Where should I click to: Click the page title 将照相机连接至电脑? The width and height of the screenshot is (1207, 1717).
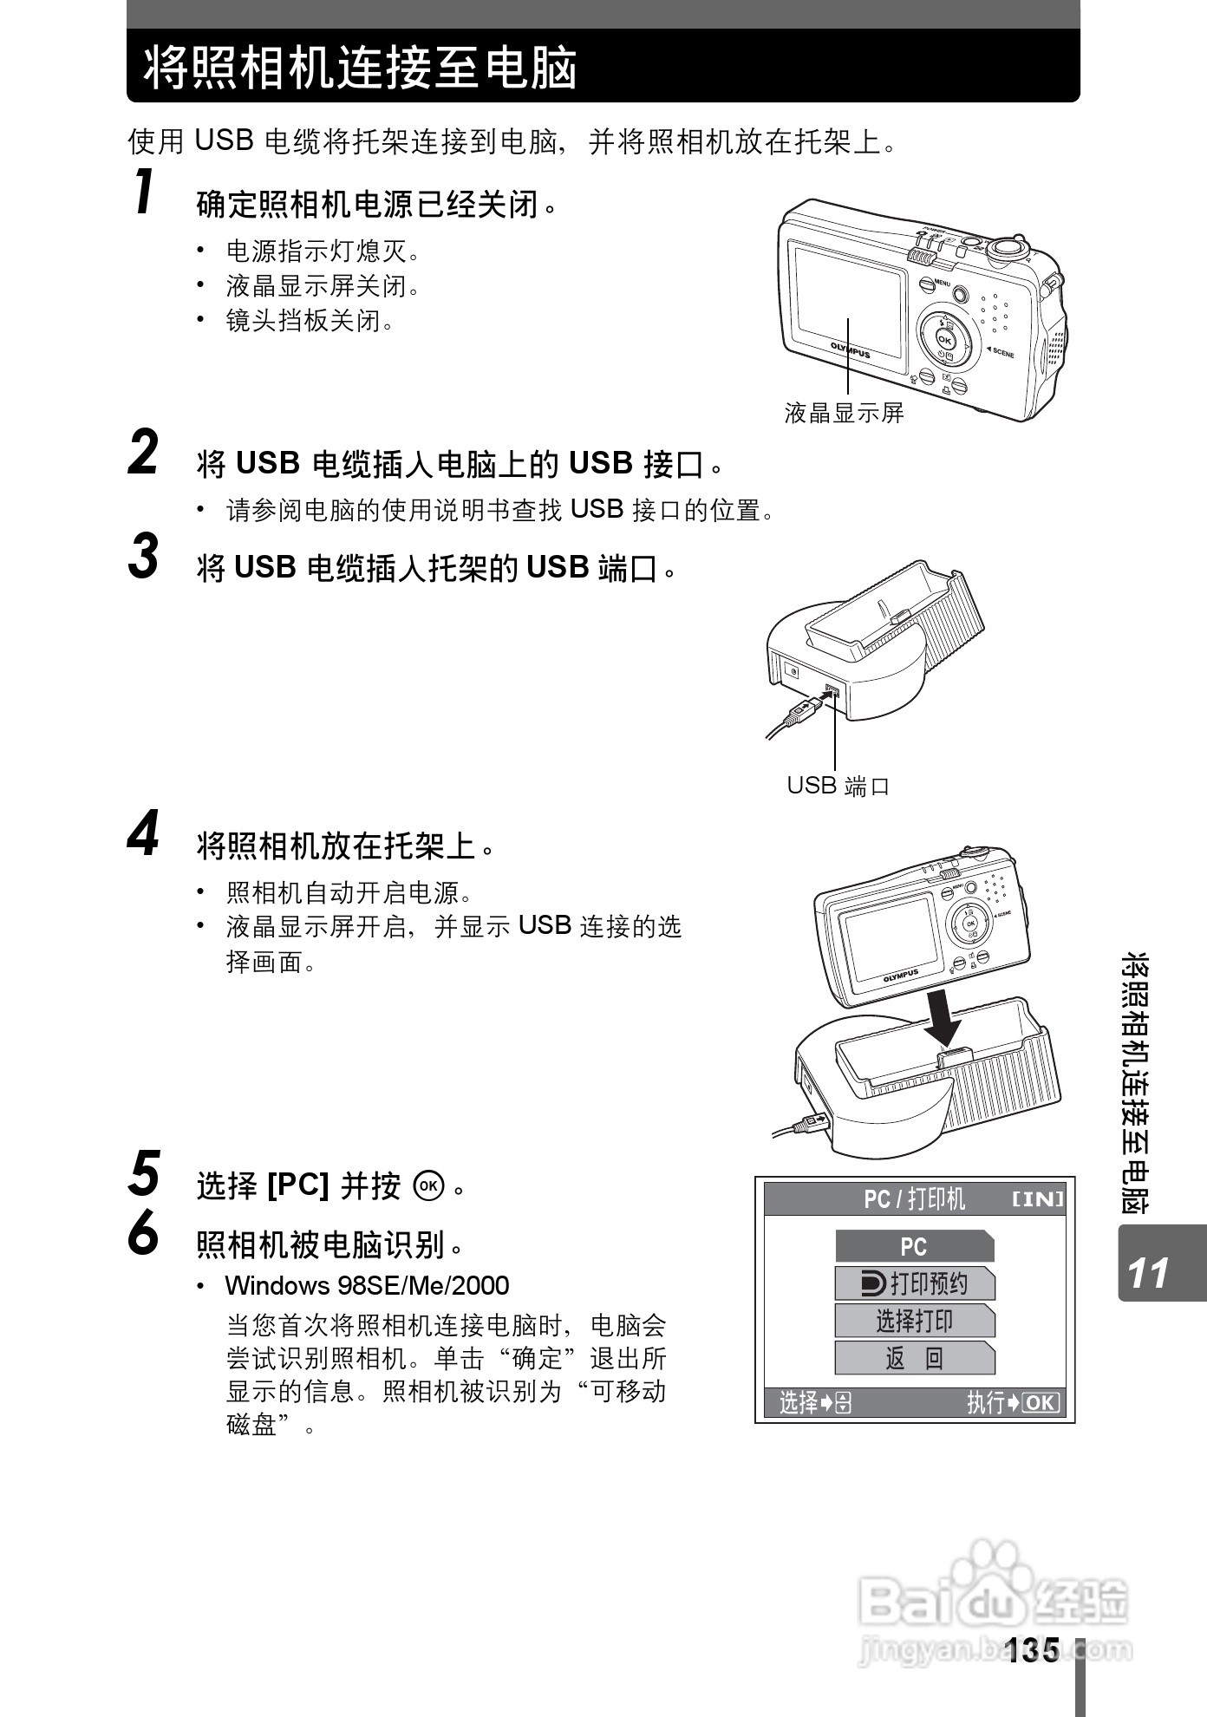360,68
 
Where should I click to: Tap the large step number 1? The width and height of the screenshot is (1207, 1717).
145,192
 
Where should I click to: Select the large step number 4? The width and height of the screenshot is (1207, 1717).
144,832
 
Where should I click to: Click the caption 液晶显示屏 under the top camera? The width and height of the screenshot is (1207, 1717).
844,413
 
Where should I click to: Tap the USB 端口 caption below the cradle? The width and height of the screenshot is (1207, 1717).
838,786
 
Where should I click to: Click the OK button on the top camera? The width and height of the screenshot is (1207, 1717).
944,340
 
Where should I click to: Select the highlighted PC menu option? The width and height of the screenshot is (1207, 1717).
914,1246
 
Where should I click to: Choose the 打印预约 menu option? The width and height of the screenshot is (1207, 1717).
914,1283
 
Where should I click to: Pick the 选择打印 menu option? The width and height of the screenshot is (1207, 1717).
914,1321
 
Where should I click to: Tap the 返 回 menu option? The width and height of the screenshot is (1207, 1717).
914,1358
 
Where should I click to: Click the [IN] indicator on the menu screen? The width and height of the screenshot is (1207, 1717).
1038,1199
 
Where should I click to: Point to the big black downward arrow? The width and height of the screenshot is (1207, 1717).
943,1020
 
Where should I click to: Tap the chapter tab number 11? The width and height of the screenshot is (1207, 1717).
1149,1273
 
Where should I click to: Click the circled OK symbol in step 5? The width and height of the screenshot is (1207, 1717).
430,1185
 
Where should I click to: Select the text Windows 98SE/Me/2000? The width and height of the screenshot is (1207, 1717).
367,1285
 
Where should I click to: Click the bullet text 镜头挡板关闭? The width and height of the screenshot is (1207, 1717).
310,321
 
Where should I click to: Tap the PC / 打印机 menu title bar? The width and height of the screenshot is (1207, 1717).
915,1199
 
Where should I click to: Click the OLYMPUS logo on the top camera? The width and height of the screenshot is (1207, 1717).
850,349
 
